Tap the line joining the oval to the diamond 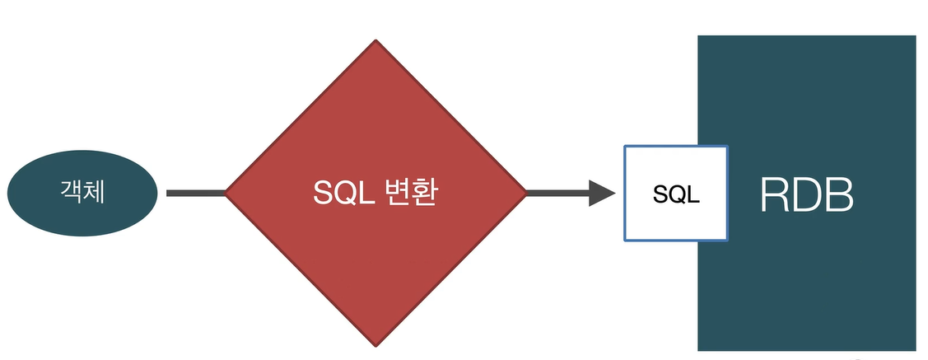point(196,194)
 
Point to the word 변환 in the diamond point(409,192)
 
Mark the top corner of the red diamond point(375,41)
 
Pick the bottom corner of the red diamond point(375,344)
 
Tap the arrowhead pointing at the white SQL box point(603,194)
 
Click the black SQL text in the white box point(676,194)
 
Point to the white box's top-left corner point(625,147)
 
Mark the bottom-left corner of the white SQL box point(625,240)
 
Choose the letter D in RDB point(808,195)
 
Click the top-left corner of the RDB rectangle point(699,37)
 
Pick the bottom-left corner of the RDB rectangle point(699,349)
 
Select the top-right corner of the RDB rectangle point(915,37)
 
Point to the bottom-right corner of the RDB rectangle point(915,349)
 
